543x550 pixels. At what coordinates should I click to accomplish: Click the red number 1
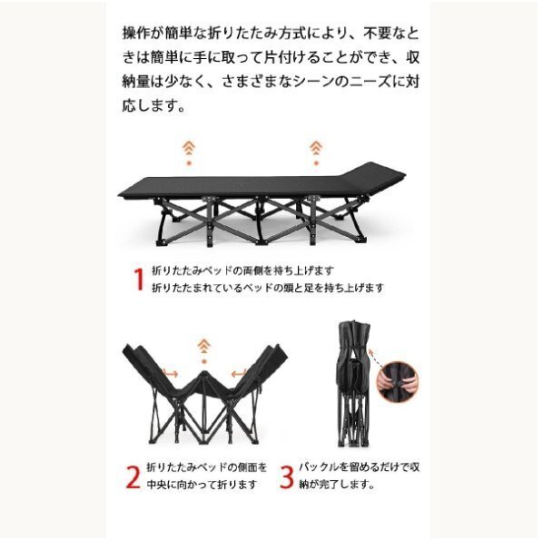tap(139, 279)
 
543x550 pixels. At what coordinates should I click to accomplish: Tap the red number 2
tap(133, 476)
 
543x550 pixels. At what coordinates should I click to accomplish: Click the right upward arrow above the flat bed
tap(315, 149)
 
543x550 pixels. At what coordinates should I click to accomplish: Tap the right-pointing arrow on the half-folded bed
tap(170, 373)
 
